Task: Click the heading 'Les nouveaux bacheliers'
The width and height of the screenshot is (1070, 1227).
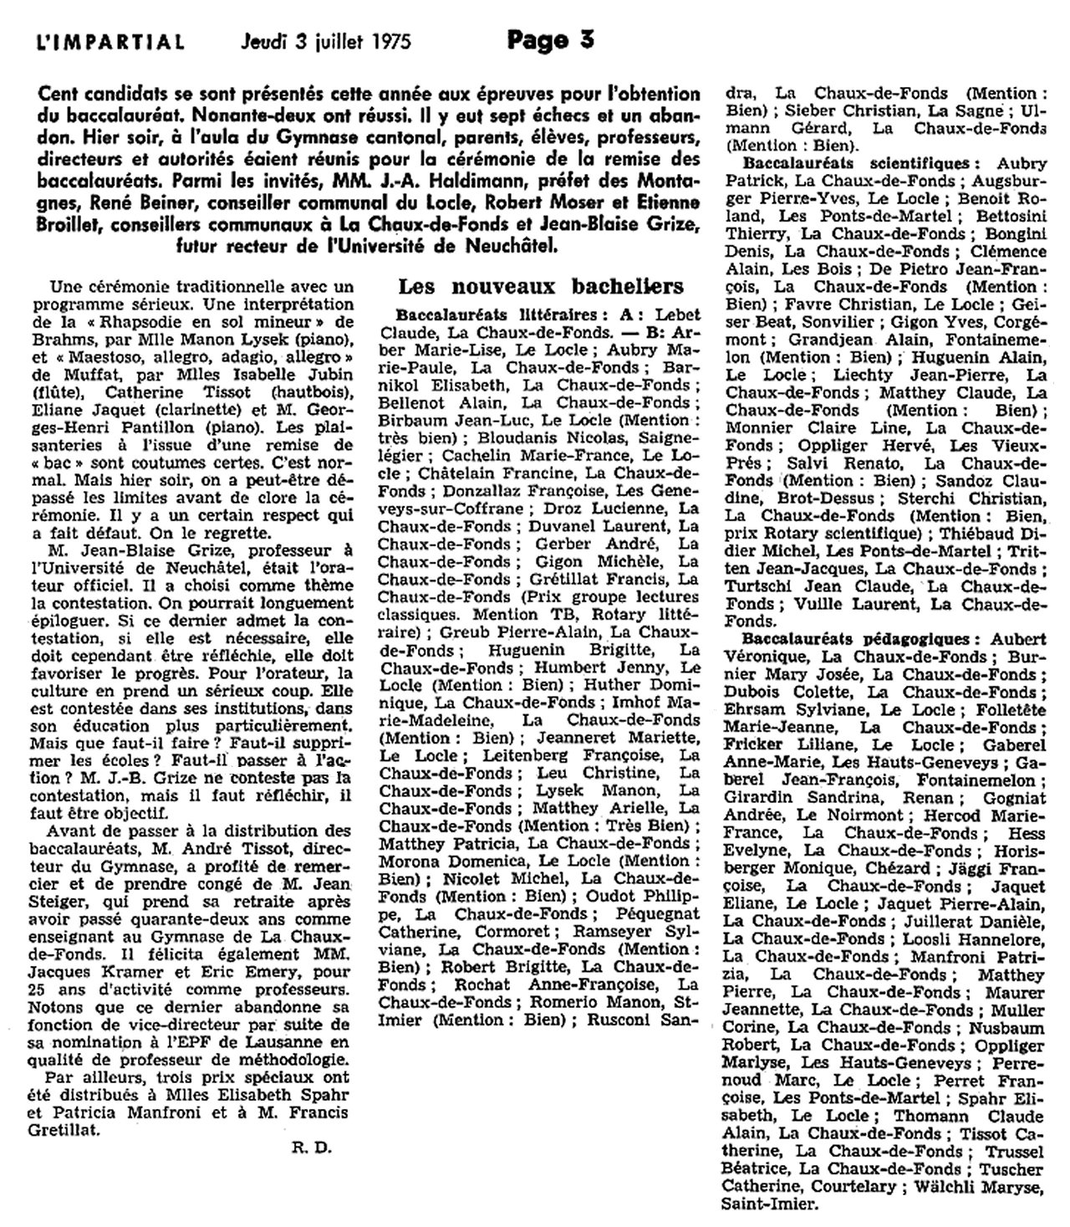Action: click(541, 286)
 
